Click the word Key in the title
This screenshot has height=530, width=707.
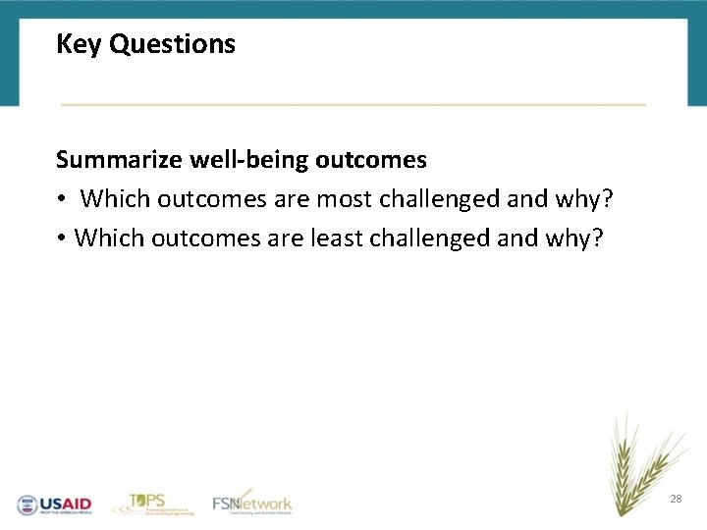[80, 44]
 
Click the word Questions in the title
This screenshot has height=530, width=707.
[173, 44]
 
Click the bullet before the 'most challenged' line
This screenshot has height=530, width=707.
[61, 199]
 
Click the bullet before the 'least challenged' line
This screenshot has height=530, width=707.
[61, 238]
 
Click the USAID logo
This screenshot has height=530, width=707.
[54, 504]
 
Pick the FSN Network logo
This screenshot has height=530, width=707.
[252, 503]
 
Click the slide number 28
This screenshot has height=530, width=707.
[676, 500]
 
